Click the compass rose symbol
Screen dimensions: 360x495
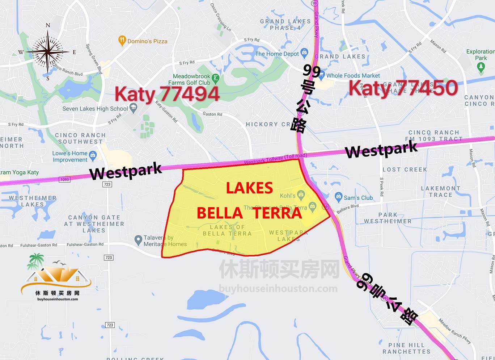[47, 52]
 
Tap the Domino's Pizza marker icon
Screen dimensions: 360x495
[122, 41]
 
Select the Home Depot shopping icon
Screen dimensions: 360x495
[304, 53]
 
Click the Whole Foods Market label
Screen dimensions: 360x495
[353, 76]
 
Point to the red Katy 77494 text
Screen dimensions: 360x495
[167, 94]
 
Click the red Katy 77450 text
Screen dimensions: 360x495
[403, 88]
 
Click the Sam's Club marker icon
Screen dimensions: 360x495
[338, 197]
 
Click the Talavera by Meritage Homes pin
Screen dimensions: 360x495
[138, 239]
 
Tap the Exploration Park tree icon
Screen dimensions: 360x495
[481, 67]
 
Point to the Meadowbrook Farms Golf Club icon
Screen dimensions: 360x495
[215, 78]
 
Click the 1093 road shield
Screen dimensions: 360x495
[64, 179]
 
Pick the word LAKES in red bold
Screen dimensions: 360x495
[249, 188]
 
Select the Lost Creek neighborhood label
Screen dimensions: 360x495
[405, 169]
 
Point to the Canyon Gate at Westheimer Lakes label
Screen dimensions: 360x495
[94, 223]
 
